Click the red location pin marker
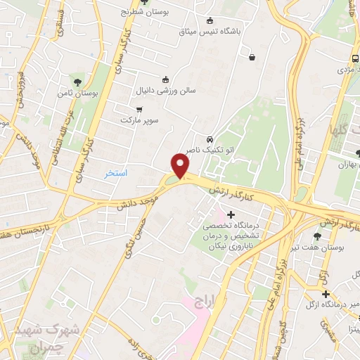click(x=180, y=167)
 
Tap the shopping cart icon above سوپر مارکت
click(x=139, y=109)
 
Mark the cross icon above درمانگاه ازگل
click(x=326, y=293)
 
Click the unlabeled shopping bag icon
click(x=252, y=57)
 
